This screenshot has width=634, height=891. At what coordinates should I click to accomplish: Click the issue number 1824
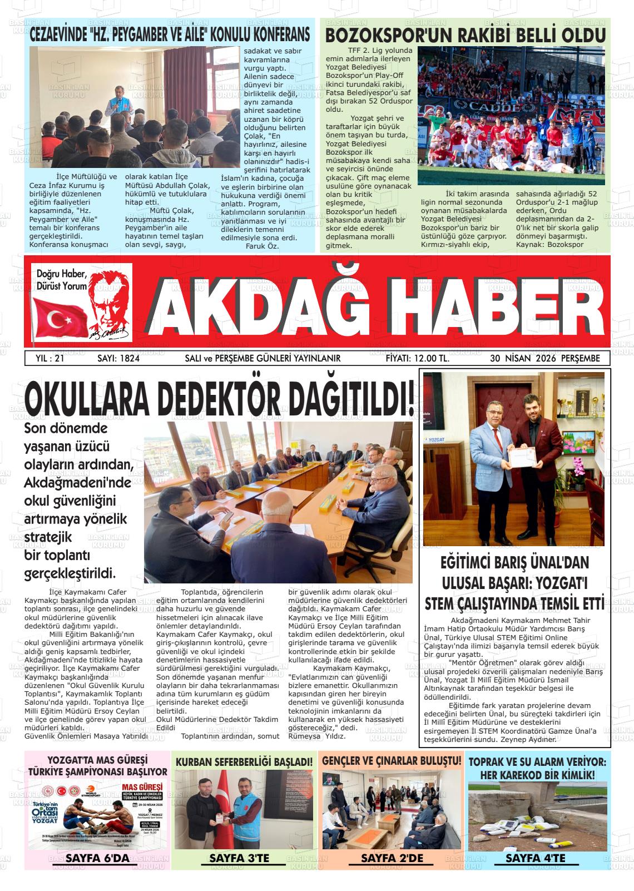[126, 359]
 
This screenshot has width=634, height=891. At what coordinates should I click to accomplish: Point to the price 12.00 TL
[417, 359]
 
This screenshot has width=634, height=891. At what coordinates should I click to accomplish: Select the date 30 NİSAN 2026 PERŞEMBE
[544, 359]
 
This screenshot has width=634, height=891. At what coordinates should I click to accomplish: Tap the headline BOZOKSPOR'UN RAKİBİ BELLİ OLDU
[465, 35]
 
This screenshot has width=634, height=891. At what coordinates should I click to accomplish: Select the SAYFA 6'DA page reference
[97, 859]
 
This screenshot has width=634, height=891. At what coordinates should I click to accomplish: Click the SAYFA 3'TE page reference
[239, 859]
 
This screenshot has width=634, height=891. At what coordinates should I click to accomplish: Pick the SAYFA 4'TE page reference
[535, 859]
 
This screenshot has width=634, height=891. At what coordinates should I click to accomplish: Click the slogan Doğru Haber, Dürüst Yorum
[62, 280]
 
